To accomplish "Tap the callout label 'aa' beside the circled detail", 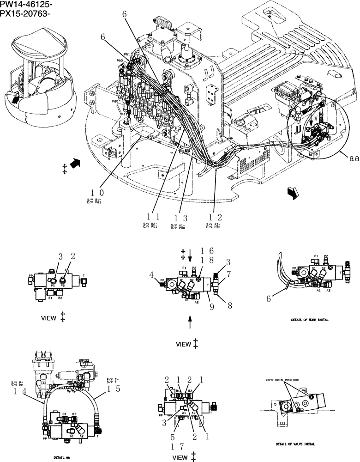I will click(354, 158).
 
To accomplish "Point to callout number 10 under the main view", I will click(97, 192).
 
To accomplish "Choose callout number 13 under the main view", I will click(181, 217).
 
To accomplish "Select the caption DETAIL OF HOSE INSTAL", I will click(312, 319).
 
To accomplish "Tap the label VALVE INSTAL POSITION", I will click(282, 379).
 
